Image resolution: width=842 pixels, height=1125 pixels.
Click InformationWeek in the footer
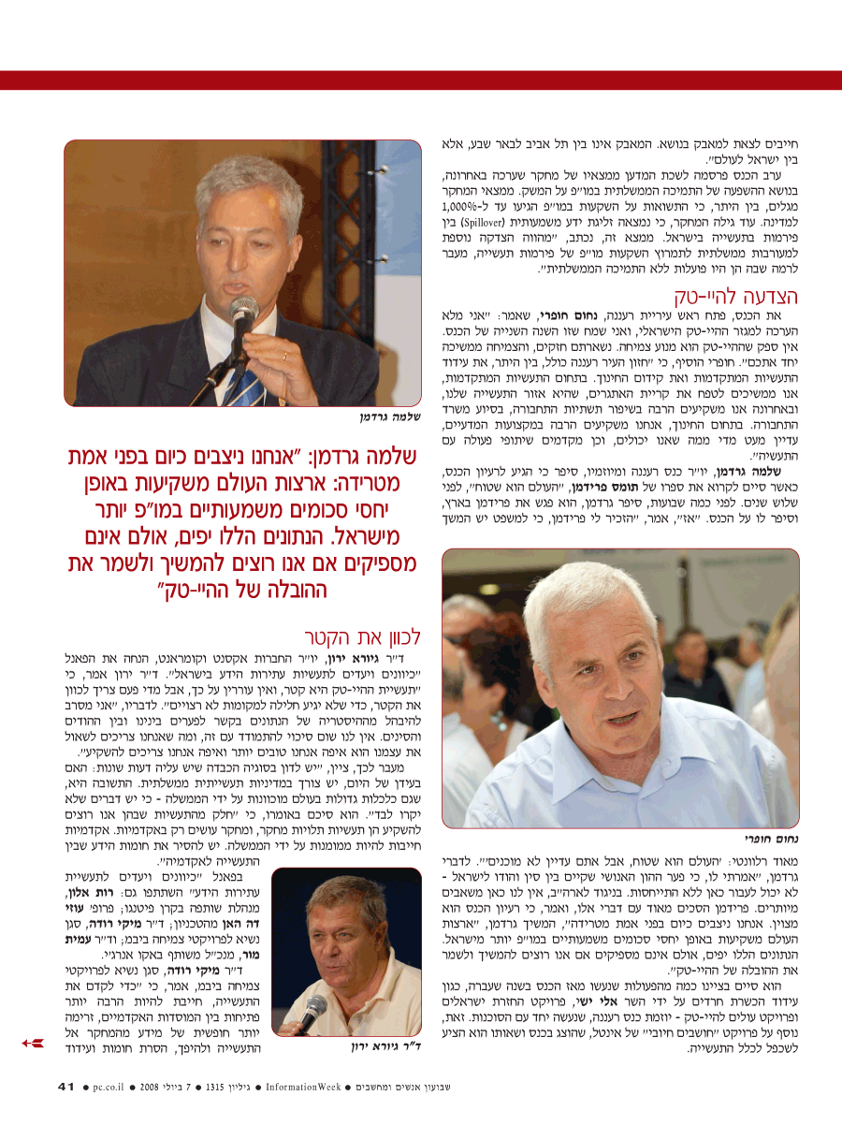point(302,1087)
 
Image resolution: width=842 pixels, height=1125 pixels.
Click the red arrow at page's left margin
point(31,1042)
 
